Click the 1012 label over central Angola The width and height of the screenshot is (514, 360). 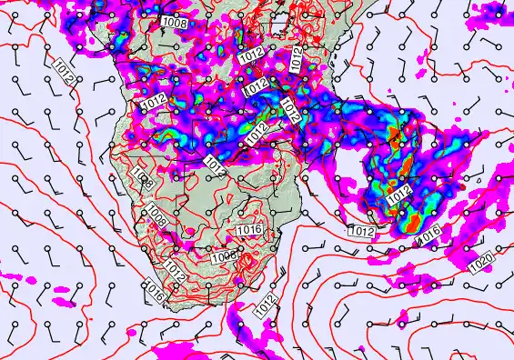(x=154, y=103)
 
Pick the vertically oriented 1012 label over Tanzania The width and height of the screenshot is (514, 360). (x=297, y=60)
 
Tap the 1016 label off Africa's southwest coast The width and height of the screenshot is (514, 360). (x=155, y=293)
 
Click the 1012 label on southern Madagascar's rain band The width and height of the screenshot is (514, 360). (x=398, y=195)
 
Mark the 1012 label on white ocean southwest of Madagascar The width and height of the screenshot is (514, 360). (x=361, y=232)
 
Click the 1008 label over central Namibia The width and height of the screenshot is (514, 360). (x=156, y=217)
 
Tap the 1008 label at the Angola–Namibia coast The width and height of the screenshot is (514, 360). (x=142, y=174)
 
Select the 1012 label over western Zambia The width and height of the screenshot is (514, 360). (x=214, y=165)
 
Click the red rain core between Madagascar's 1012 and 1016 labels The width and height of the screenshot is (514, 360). (x=411, y=218)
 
